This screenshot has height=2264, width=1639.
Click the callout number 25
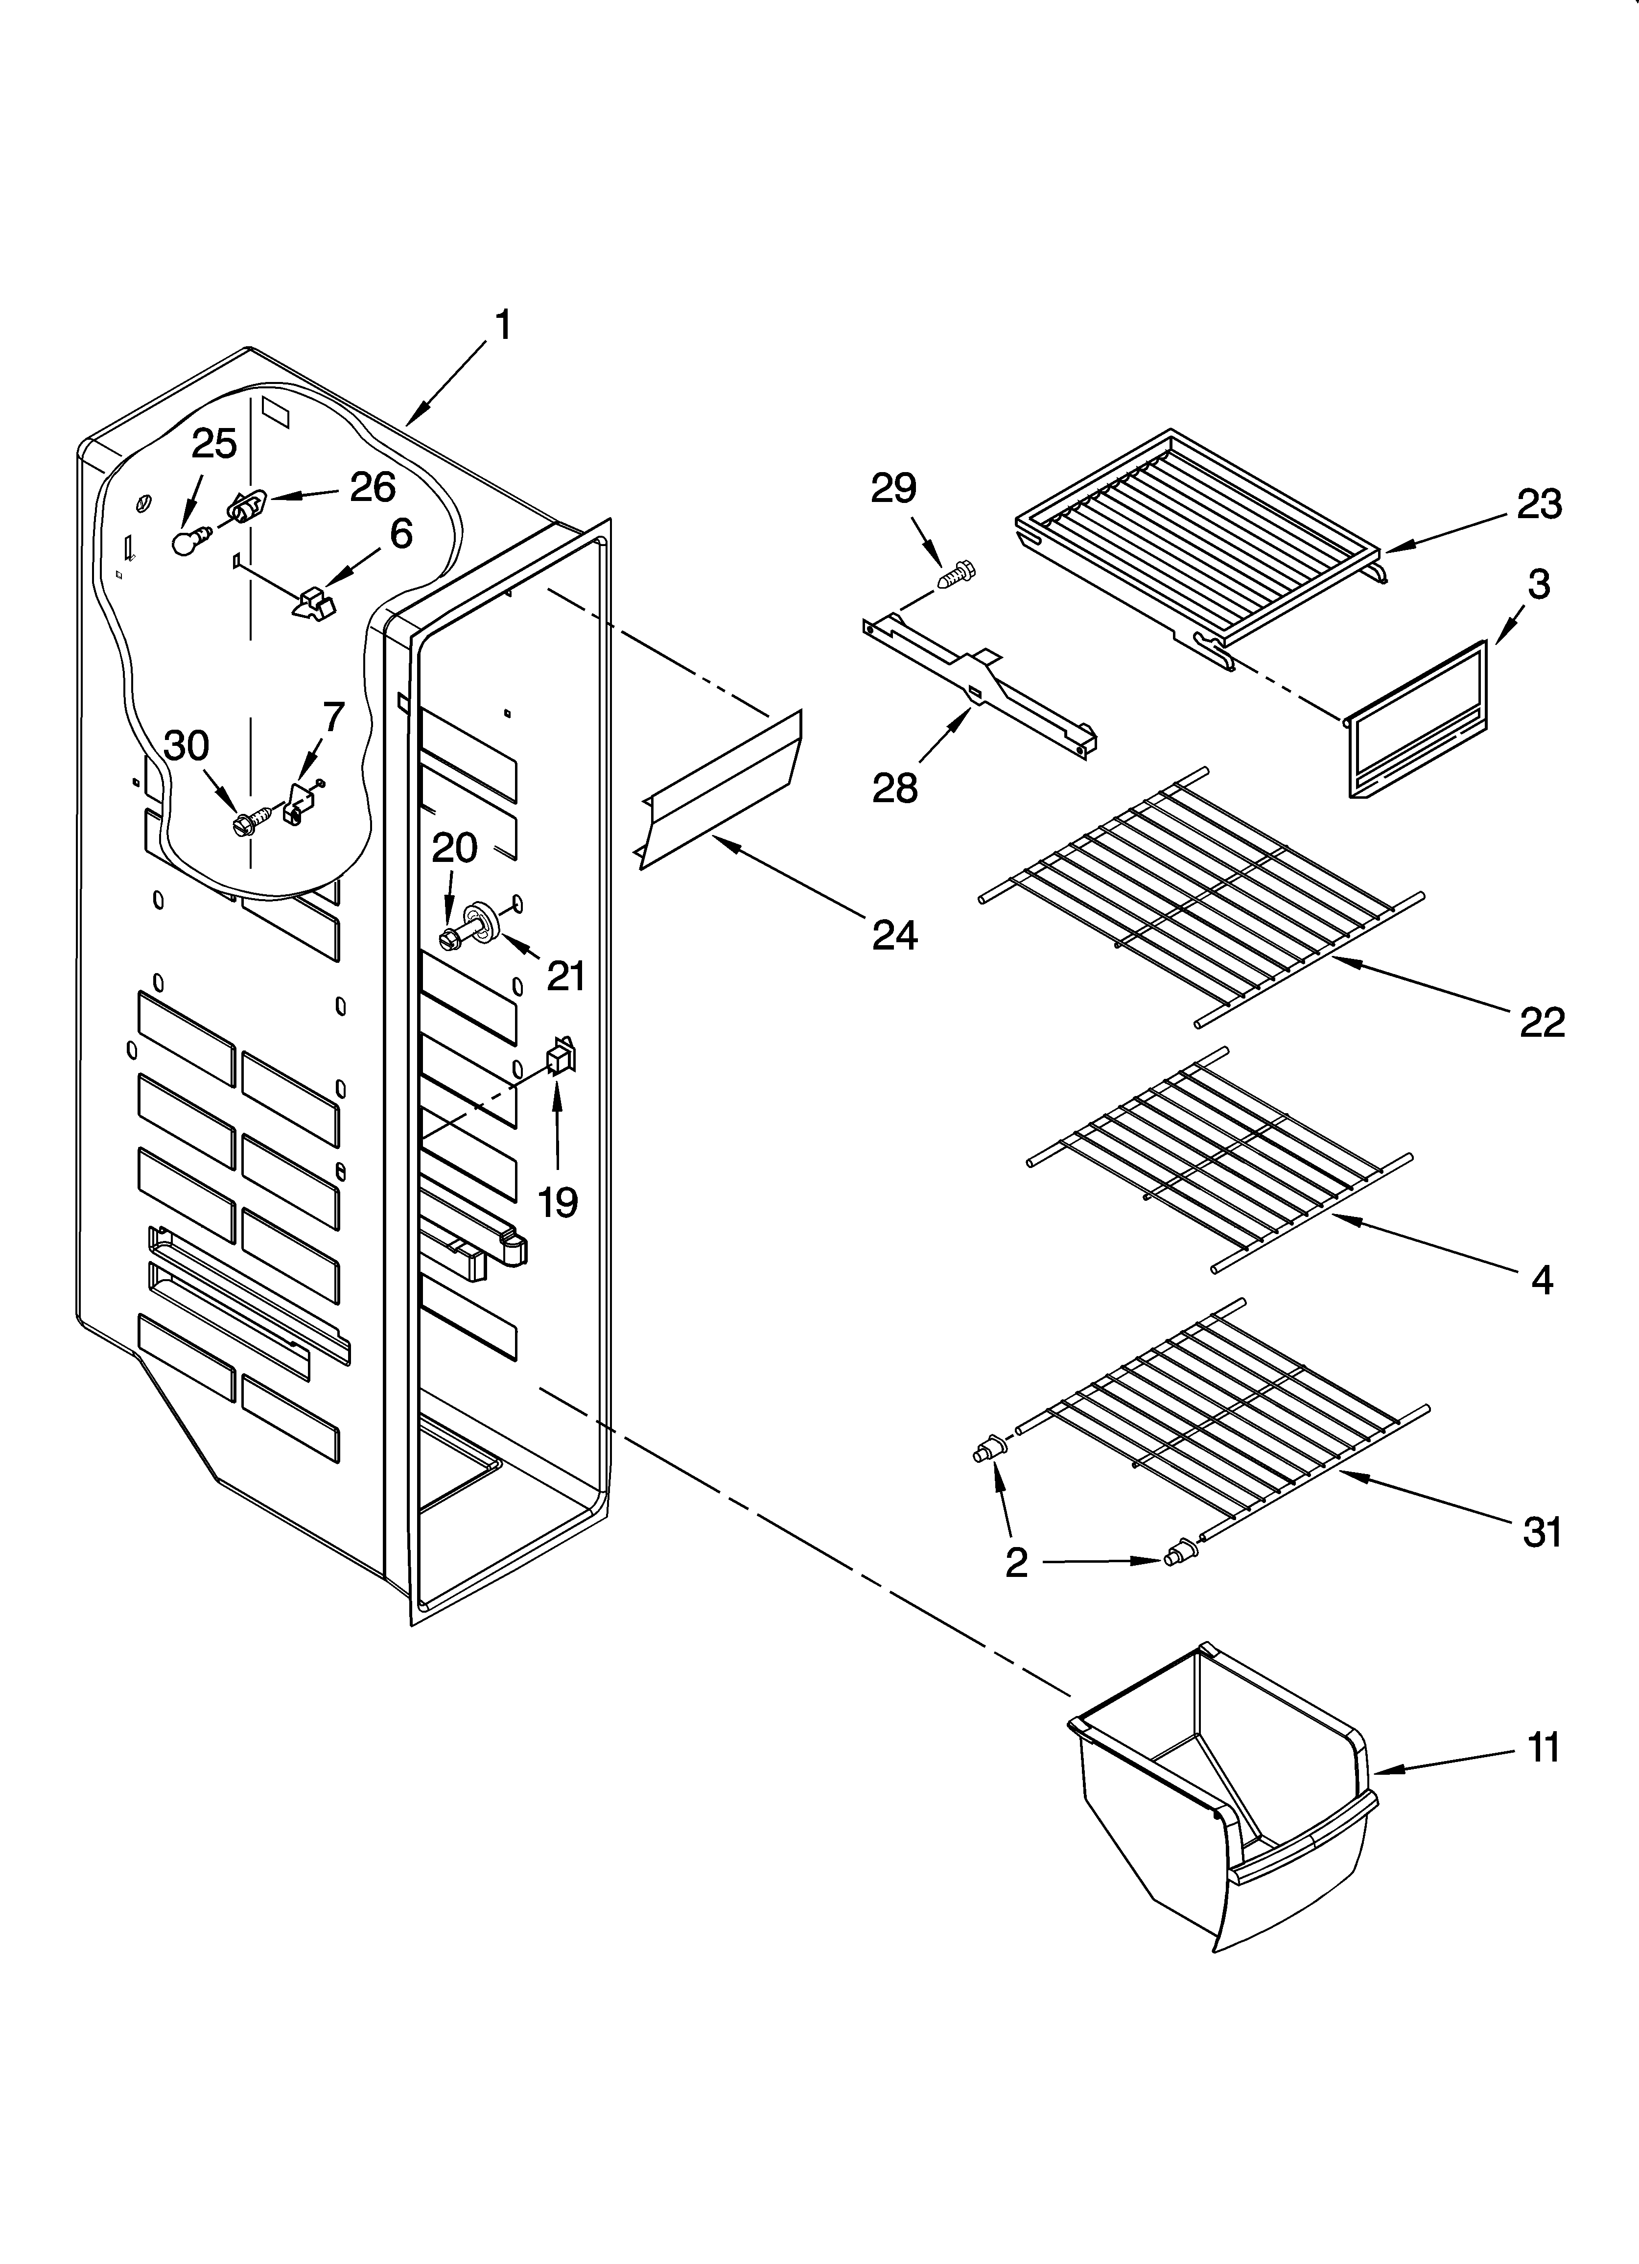click(214, 443)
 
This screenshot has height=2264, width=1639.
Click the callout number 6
click(400, 534)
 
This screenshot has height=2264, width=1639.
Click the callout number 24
click(894, 934)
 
